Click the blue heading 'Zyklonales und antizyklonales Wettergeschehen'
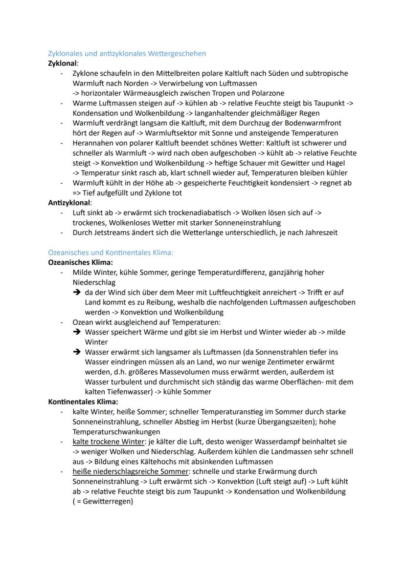coord(127,53)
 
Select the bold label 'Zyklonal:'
coord(63,64)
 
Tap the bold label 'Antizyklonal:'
coord(69,203)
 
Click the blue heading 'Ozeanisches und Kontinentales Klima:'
coord(111,253)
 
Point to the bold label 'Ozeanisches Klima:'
coord(80,262)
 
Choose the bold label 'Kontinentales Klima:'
coord(83,402)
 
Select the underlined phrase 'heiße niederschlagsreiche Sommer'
coord(130,471)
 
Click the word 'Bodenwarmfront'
coord(313,123)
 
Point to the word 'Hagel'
coord(340,163)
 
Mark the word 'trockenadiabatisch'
coord(186,213)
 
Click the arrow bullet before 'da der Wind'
coord(77,293)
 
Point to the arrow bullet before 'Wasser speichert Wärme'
coord(77,332)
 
